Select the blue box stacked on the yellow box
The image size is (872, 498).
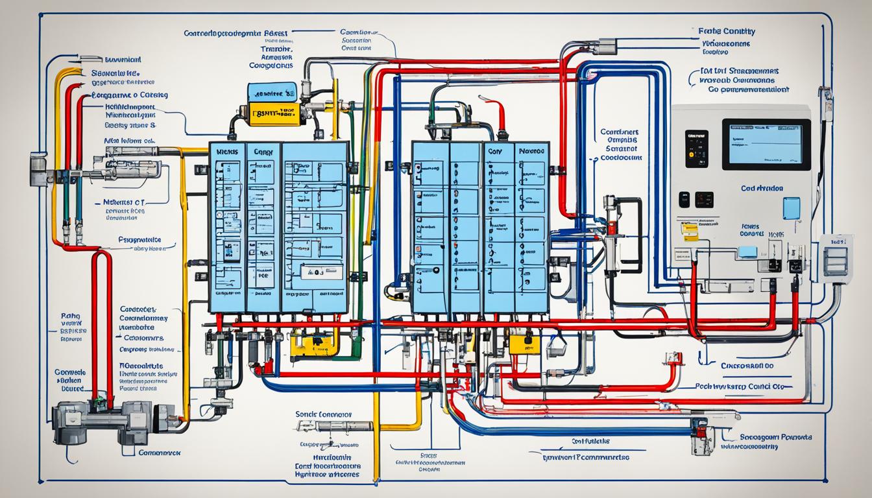[x=272, y=91]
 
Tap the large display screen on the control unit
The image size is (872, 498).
[x=766, y=144]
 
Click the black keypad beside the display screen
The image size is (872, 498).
[x=696, y=148]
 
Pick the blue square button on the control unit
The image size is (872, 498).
[x=791, y=208]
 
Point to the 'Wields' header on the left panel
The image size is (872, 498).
[x=228, y=151]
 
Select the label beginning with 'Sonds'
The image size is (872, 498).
[x=323, y=414]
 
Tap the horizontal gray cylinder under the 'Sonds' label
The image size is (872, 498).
[x=331, y=426]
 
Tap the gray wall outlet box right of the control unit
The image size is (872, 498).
[x=835, y=257]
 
